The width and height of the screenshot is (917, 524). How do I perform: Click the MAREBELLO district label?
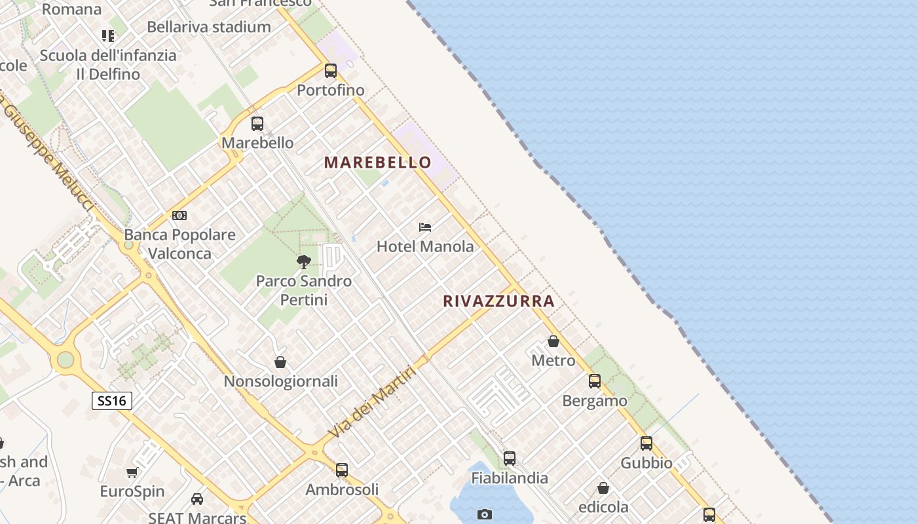coord(378,162)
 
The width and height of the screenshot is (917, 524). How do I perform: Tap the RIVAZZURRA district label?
coord(498,301)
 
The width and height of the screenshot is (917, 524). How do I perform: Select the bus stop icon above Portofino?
coord(331,70)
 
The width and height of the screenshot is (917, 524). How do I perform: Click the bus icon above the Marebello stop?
coord(257,123)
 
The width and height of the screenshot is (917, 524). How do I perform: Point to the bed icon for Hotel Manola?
coord(425,227)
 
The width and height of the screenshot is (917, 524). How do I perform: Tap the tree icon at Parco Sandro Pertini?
coord(303,262)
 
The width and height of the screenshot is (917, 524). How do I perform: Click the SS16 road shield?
coord(112,401)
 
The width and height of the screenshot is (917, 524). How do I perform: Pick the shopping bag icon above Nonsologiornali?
coord(280,362)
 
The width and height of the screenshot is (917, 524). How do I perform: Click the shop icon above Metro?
coord(553,341)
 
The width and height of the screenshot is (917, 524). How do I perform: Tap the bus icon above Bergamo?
coord(595,381)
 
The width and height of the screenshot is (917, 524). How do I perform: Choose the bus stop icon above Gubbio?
coord(646,443)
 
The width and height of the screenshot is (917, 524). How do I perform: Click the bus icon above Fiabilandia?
coord(510,458)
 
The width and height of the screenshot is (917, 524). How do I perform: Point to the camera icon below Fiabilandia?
coord(485,514)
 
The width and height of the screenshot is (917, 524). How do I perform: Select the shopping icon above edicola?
coord(603,488)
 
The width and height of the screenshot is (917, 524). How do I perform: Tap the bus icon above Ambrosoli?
coord(342,470)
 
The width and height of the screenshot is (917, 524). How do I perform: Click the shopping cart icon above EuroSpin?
coord(132,472)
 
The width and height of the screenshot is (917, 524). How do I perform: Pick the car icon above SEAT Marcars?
coord(197,499)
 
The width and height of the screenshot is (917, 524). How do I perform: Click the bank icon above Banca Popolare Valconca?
coord(179,215)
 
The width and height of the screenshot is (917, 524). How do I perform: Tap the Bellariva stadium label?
coord(209,27)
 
